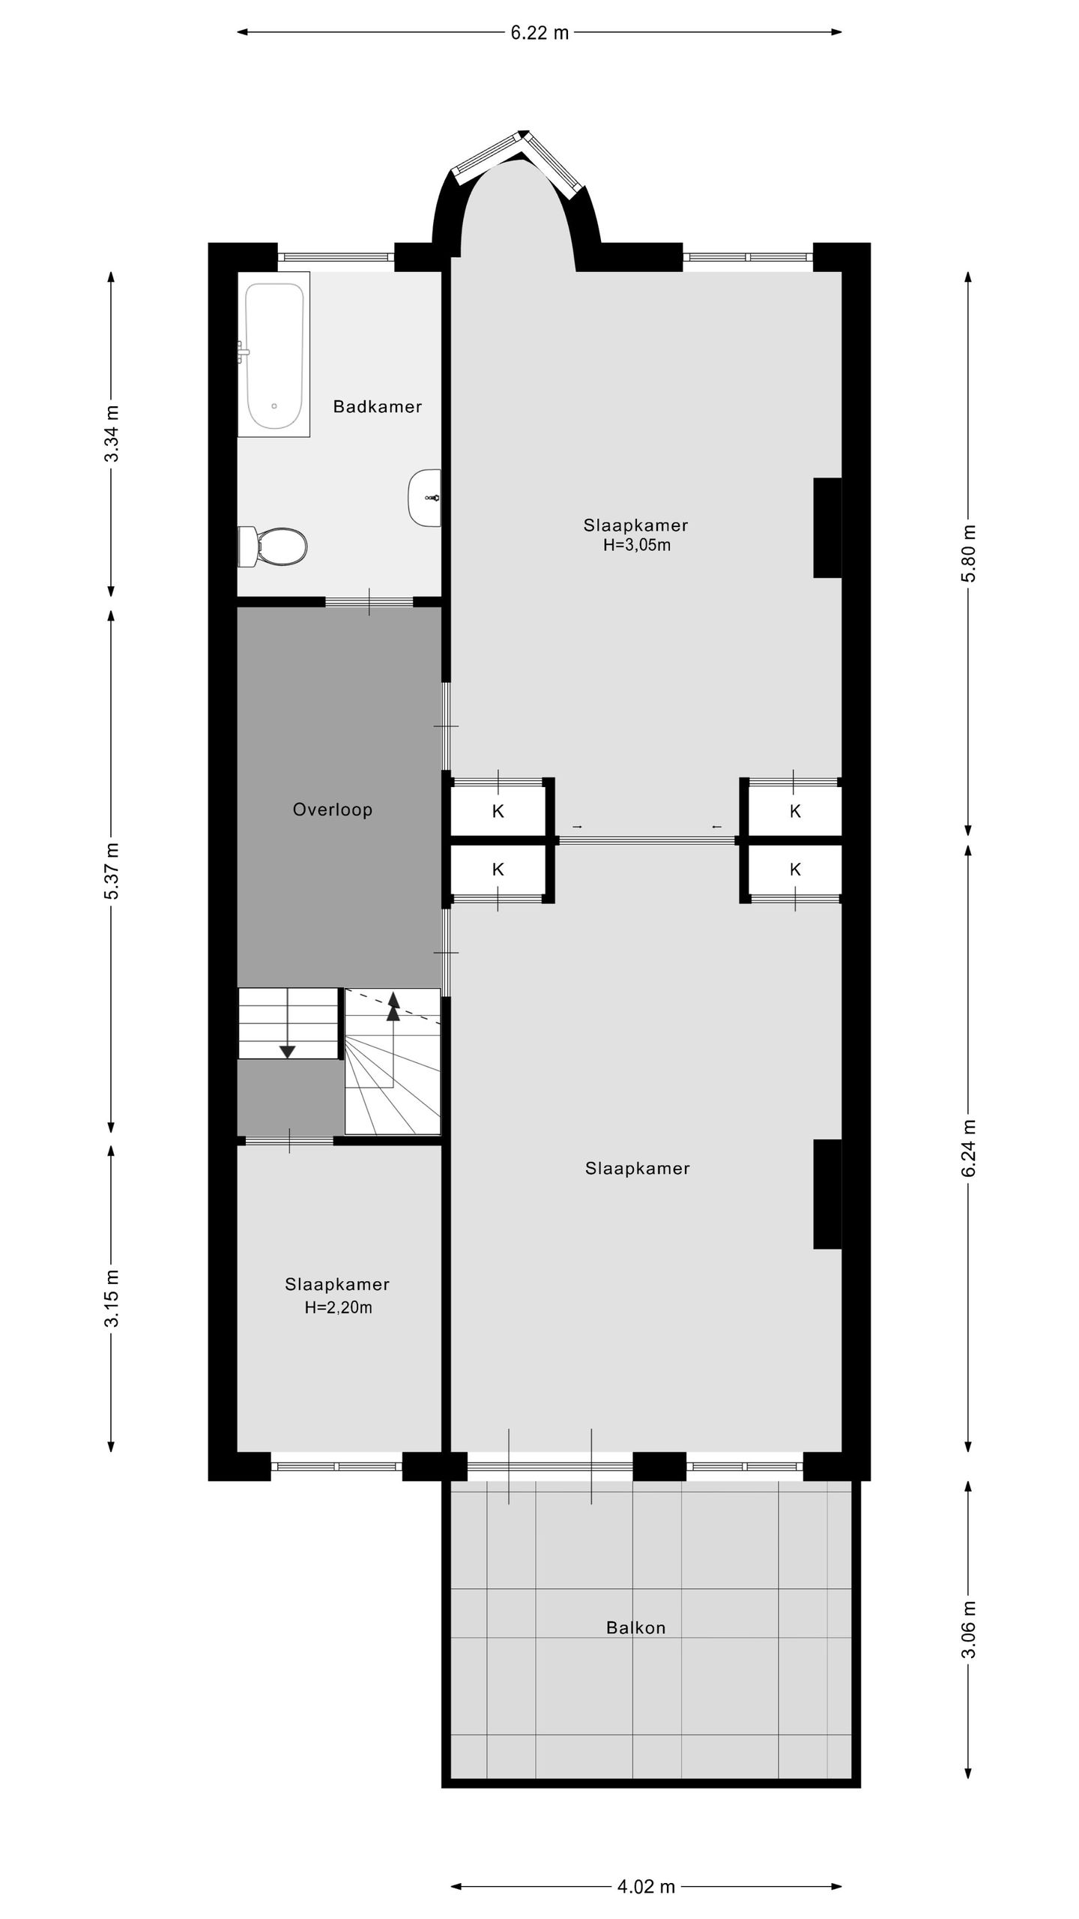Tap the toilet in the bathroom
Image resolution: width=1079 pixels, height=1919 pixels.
click(x=273, y=547)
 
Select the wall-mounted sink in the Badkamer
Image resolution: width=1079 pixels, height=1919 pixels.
click(x=425, y=498)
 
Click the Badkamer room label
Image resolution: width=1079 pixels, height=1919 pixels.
click(x=378, y=407)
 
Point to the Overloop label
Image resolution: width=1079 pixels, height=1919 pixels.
click(x=333, y=810)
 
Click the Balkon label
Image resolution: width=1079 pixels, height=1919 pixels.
click(x=635, y=1627)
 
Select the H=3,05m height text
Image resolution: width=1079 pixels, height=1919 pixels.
click(x=637, y=546)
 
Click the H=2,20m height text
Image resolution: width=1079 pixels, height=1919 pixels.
click(x=338, y=1308)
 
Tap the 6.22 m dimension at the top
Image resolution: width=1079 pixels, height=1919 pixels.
click(x=539, y=32)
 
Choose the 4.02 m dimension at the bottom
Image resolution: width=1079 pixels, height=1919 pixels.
click(x=646, y=1887)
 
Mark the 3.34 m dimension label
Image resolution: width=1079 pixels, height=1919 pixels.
click(x=112, y=433)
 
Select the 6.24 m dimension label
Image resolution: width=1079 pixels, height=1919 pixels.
click(x=969, y=1148)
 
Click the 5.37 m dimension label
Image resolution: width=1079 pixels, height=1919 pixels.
click(x=112, y=871)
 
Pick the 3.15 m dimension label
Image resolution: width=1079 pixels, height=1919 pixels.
click(x=112, y=1298)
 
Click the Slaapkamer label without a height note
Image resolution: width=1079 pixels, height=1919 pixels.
click(x=637, y=1169)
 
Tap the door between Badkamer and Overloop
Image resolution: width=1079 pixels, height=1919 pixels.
click(x=369, y=602)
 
